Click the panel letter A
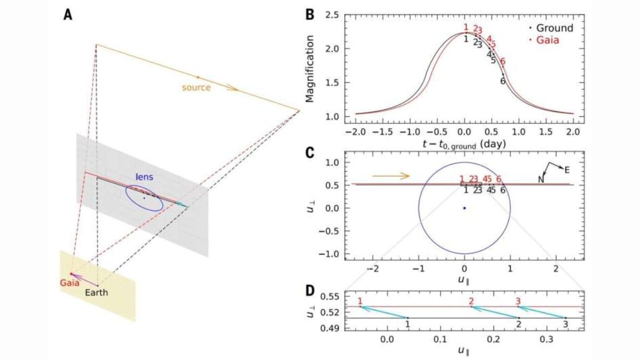tap(68, 15)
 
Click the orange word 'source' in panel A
tap(196, 87)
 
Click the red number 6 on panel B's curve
tap(502, 61)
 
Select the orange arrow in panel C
tap(390, 175)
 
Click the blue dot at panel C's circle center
tap(465, 208)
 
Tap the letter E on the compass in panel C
tap(567, 170)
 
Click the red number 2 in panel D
tap(471, 301)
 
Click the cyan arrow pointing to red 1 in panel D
tap(384, 312)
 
